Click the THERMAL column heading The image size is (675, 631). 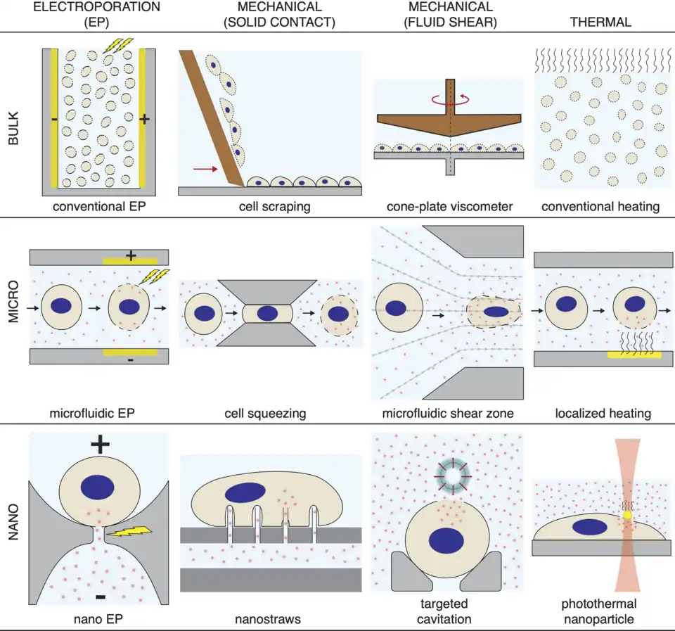click(601, 22)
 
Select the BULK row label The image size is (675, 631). click(13, 127)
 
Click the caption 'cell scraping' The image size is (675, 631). click(270, 208)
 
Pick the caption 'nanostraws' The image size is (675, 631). click(270, 620)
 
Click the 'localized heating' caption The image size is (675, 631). click(600, 414)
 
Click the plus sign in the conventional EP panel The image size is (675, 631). click(145, 120)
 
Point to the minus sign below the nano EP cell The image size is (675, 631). click(101, 597)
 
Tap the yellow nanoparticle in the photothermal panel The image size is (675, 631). click(628, 516)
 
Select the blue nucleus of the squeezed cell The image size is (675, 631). click(266, 314)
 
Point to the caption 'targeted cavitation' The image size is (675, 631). click(446, 611)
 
